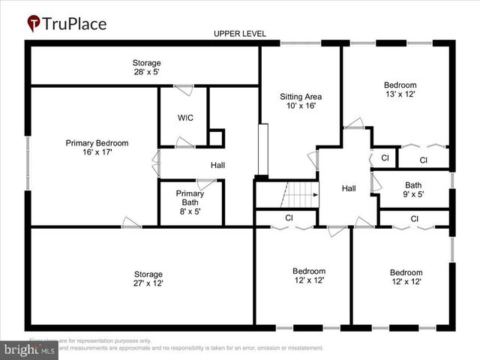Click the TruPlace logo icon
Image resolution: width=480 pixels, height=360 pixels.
[34, 23]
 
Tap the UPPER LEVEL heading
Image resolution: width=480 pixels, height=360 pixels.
[239, 34]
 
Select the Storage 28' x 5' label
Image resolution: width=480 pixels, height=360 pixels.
[146, 67]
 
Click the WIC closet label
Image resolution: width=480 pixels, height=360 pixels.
[185, 118]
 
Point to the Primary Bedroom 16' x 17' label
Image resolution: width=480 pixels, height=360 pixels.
[97, 147]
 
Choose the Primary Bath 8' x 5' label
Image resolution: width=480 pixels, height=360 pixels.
[190, 198]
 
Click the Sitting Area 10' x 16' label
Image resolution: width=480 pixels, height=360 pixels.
[301, 101]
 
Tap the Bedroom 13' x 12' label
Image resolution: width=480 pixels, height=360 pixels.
[400, 89]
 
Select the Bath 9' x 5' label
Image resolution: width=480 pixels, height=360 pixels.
[413, 190]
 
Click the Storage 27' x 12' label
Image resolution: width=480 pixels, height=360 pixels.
[148, 278]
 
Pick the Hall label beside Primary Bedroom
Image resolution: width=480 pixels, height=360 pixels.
[217, 165]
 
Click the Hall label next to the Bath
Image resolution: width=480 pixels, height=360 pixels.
[349, 188]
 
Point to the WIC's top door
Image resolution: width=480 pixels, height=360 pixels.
[184, 90]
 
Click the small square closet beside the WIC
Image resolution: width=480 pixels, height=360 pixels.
[216, 138]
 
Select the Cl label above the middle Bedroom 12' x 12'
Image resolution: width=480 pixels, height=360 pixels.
[289, 217]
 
